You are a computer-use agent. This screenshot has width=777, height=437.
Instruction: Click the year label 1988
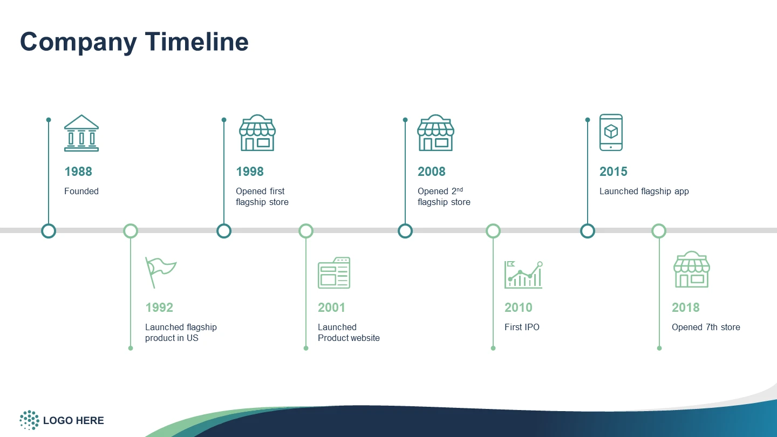click(78, 172)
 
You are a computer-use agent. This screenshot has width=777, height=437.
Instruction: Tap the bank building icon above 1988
click(81, 133)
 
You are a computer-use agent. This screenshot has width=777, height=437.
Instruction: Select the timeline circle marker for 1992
click(131, 231)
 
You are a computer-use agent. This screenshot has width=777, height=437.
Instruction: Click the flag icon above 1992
click(161, 272)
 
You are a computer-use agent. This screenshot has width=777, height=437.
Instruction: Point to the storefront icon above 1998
click(257, 133)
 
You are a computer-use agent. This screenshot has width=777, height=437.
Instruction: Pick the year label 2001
click(331, 308)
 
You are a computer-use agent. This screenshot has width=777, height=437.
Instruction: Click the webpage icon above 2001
click(333, 272)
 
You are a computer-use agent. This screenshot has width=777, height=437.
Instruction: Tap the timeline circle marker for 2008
click(405, 231)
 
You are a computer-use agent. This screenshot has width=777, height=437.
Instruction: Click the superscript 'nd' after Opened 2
click(460, 189)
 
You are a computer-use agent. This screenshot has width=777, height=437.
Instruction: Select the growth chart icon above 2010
click(523, 275)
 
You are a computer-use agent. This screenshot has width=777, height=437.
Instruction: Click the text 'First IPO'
click(522, 327)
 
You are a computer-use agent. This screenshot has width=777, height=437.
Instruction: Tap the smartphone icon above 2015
click(611, 133)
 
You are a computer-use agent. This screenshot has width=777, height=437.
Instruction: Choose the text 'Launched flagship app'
click(644, 192)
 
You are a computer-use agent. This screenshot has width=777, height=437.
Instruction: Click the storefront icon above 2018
click(692, 270)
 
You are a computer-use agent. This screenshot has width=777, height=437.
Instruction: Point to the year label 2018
click(685, 308)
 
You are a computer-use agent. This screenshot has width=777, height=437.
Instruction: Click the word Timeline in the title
click(196, 42)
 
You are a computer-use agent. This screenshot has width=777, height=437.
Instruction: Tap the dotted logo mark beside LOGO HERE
click(30, 420)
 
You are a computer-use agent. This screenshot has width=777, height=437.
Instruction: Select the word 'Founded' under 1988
click(81, 191)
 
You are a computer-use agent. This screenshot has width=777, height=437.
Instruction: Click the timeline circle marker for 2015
click(588, 231)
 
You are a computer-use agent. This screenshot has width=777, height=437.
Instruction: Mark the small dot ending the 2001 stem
click(306, 348)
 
